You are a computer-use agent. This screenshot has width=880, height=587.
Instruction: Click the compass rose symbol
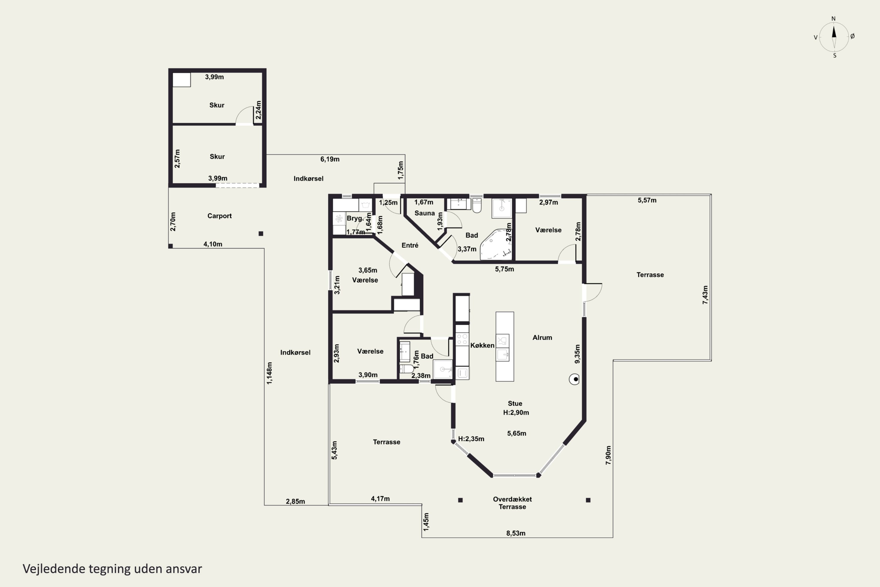pos(834,37)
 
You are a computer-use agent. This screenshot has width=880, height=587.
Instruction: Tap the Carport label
pos(220,216)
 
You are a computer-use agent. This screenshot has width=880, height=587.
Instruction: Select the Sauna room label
pos(425,213)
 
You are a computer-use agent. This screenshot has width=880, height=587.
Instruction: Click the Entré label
pos(410,245)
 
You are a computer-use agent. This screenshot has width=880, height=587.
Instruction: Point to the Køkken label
pos(482,345)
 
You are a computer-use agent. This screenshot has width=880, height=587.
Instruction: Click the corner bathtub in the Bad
pos(495,244)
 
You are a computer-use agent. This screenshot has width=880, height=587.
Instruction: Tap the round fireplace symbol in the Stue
pos(574,379)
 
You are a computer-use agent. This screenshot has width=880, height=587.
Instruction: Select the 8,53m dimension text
pos(516,533)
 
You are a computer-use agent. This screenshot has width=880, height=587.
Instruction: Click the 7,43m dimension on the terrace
pos(705,295)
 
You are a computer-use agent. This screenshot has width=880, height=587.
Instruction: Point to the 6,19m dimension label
pos(330,159)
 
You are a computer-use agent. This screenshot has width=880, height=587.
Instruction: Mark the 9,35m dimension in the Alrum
pos(577,354)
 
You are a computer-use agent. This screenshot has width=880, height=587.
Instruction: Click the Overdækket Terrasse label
pos(512,503)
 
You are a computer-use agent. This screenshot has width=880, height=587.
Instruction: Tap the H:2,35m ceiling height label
pos(471,439)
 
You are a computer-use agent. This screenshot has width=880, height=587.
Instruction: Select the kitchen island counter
pos(505,346)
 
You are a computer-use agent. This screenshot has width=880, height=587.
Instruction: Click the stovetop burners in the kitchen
pos(462,339)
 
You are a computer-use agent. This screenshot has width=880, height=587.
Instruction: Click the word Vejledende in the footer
pos(54,569)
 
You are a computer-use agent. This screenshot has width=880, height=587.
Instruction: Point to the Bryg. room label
pos(355,218)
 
